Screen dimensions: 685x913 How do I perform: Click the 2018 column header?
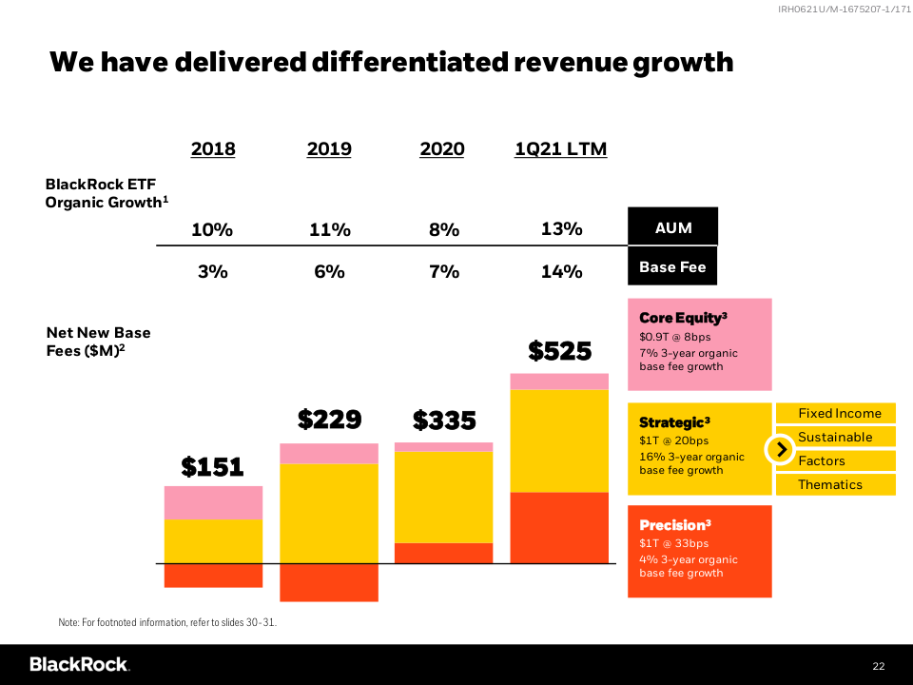tap(213, 149)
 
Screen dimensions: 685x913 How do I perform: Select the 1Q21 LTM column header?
tap(561, 149)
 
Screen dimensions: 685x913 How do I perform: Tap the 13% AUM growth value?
tap(561, 229)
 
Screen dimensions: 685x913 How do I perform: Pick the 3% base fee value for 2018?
tap(213, 271)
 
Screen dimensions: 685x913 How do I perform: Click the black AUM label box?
tap(672, 227)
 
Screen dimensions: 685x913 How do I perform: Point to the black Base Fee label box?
tap(672, 267)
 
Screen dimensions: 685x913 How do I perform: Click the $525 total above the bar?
tap(560, 351)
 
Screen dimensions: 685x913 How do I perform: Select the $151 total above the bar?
tap(213, 466)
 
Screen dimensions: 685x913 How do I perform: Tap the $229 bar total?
tap(329, 420)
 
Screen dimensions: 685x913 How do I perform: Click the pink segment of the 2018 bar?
tap(213, 502)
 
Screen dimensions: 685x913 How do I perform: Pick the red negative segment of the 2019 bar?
tap(329, 582)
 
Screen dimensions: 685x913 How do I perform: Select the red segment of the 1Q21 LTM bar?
tap(560, 527)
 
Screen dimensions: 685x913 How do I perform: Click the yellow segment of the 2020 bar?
tap(444, 497)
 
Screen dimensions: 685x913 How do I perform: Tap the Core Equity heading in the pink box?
tap(683, 318)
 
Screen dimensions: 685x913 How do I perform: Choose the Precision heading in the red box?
tap(675, 525)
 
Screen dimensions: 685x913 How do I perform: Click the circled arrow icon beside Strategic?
tap(780, 449)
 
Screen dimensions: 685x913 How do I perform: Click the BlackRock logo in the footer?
tap(79, 664)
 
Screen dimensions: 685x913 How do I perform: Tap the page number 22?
tap(879, 664)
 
